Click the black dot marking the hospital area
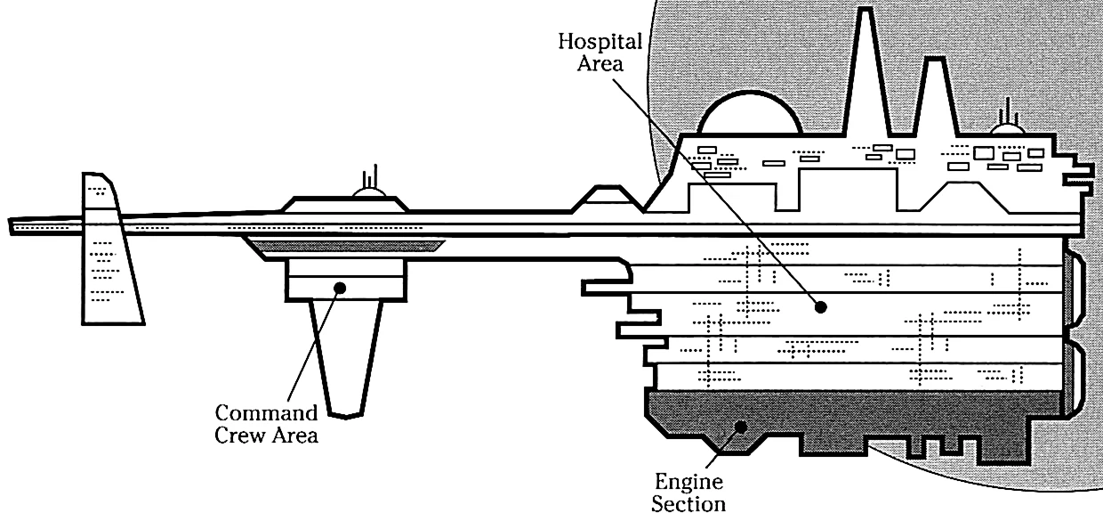(x=820, y=307)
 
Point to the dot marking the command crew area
(x=339, y=287)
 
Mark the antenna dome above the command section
(x=369, y=189)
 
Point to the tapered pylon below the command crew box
(x=346, y=356)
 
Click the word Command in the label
(x=267, y=413)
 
